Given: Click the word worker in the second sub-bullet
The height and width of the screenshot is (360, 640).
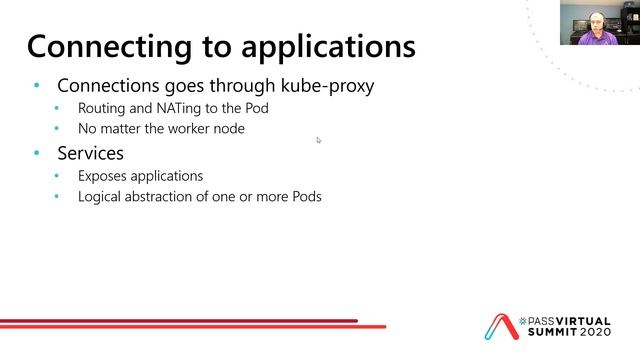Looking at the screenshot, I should point(205,129).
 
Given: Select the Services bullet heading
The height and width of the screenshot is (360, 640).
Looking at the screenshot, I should point(90,153).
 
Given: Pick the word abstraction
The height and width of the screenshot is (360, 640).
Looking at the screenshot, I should point(175,196).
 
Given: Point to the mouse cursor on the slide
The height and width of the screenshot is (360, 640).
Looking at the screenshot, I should point(319,140).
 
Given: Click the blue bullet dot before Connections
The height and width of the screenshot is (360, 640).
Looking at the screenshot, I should point(37,86).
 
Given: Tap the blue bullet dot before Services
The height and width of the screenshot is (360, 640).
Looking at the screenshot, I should point(37,153).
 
